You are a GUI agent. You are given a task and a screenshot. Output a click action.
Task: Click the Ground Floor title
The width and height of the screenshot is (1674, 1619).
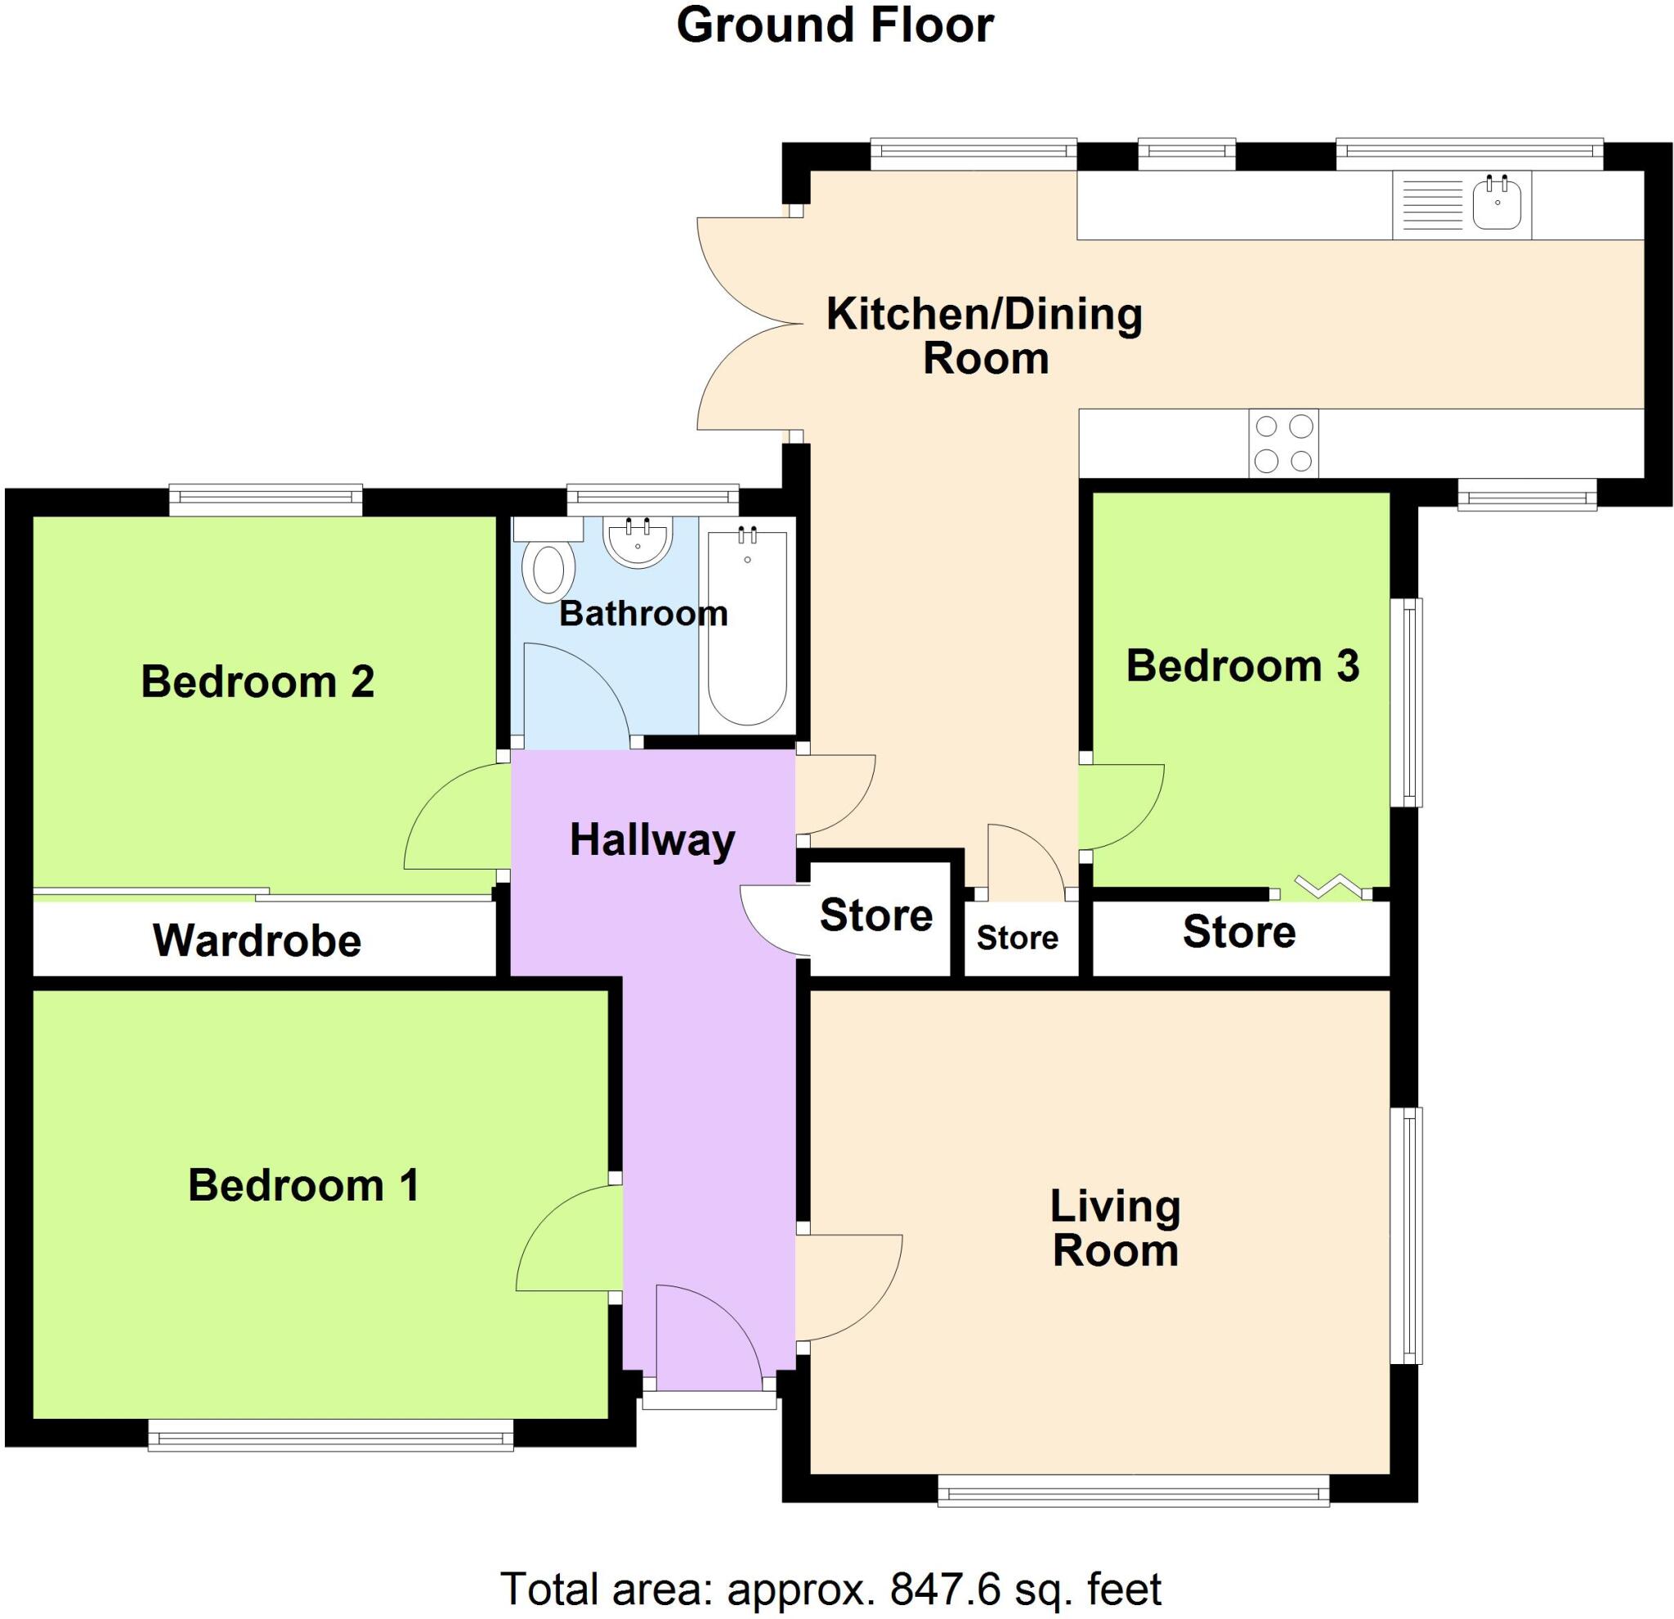pos(835,25)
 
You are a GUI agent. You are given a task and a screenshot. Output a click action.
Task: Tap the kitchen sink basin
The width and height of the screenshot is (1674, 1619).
pos(1497,203)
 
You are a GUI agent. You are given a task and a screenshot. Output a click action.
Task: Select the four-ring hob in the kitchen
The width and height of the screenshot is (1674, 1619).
pos(1283,443)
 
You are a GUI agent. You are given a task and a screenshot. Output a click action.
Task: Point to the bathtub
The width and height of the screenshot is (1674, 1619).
pos(747,628)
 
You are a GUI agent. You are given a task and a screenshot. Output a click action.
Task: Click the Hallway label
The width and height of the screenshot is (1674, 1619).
pos(652,840)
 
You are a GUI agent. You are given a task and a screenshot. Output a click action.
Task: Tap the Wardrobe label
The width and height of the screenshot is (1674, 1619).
pos(257,941)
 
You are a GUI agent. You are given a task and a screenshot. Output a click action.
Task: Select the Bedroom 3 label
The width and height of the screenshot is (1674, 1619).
pos(1242,666)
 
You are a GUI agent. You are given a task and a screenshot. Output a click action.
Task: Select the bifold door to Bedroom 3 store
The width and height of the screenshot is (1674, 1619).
pos(1320,888)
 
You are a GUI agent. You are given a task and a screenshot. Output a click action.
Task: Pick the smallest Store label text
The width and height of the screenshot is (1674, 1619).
pos(1017,937)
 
